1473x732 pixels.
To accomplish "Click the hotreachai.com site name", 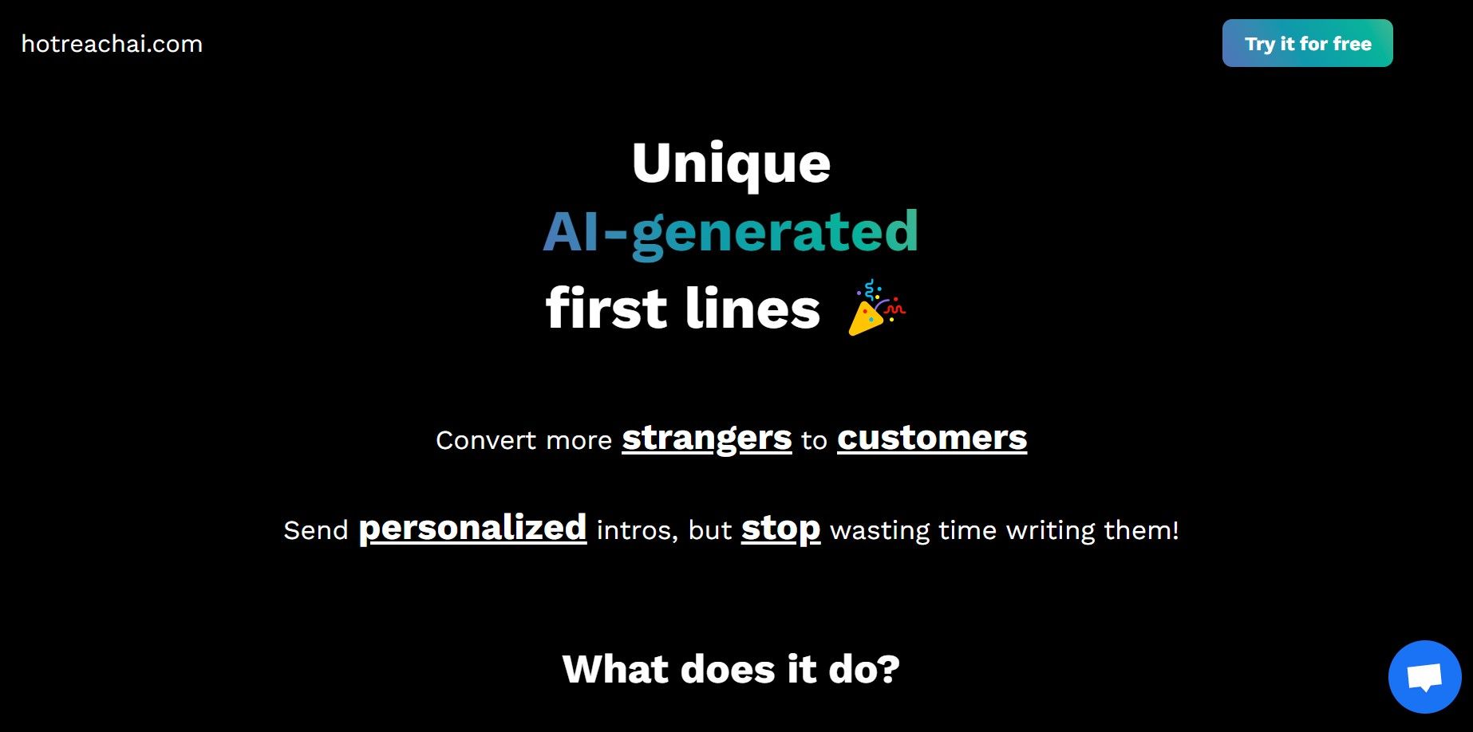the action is (x=112, y=44).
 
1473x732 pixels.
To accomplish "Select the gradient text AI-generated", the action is (x=731, y=232).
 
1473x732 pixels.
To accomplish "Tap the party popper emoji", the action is (x=876, y=307).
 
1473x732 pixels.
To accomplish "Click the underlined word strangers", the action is (x=707, y=439).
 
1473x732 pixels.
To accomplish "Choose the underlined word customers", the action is (x=932, y=438).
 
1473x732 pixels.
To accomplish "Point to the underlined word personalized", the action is (x=472, y=529).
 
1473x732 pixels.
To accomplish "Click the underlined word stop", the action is (x=780, y=529).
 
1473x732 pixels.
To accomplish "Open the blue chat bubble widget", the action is (x=1424, y=677).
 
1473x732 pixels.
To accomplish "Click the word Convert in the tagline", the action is (x=482, y=440).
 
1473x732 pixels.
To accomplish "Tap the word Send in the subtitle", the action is (x=316, y=530).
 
